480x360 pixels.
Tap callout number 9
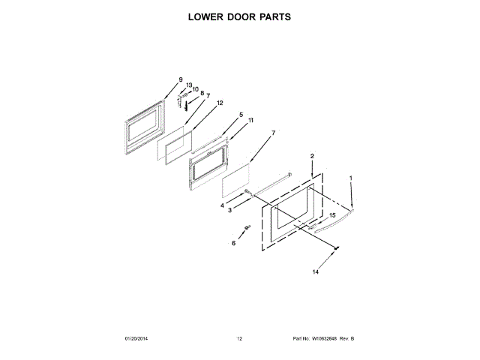181,79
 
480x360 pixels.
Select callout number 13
190,85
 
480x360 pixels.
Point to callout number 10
196,89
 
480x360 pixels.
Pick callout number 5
241,115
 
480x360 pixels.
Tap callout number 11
250,120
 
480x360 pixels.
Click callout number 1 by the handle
349,178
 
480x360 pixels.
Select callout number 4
223,204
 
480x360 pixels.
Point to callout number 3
230,210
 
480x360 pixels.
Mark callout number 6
233,244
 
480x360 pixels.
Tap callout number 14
315,271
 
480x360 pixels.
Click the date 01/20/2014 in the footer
136,339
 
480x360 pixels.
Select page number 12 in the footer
239,339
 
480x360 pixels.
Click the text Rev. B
346,339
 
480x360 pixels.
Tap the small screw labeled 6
246,228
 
